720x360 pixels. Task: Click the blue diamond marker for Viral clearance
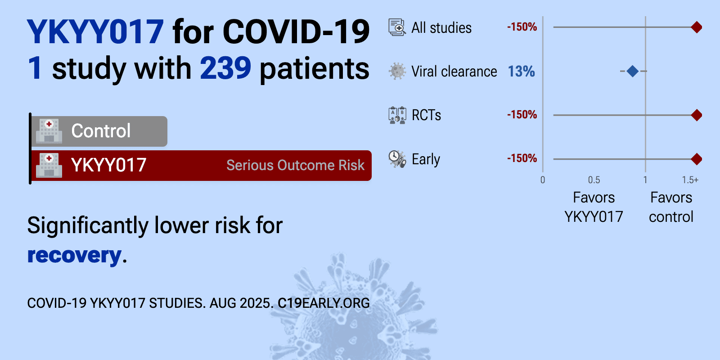click(x=632, y=71)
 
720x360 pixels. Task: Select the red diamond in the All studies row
click(x=697, y=27)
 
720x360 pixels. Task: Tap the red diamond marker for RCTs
click(x=697, y=115)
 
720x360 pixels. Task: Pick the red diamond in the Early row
click(x=697, y=159)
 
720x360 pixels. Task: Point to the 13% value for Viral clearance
click(x=521, y=72)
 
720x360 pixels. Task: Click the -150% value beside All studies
click(x=522, y=27)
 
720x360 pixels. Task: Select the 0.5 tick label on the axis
click(x=594, y=180)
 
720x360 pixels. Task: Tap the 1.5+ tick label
click(x=690, y=180)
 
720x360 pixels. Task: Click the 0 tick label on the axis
click(x=543, y=180)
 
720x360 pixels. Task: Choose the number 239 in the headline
click(x=225, y=68)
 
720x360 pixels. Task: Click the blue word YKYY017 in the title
click(x=95, y=31)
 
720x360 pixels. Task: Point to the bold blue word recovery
click(x=74, y=255)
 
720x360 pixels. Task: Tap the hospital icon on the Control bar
click(x=49, y=131)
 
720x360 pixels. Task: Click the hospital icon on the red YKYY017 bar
click(x=49, y=165)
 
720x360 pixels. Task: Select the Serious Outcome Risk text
click(x=295, y=165)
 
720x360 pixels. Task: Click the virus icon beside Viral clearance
click(x=397, y=71)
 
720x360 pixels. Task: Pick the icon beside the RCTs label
click(x=397, y=115)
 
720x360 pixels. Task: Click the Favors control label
click(x=671, y=207)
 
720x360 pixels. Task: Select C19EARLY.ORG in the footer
click(x=324, y=303)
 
